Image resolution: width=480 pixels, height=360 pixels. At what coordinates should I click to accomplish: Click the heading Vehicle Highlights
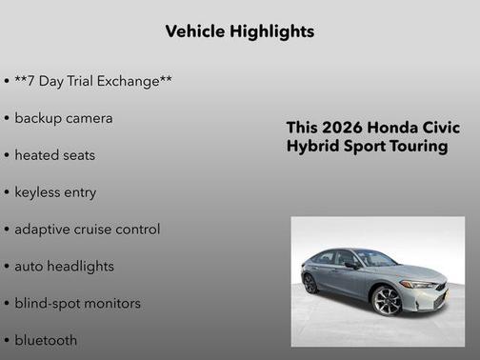[239, 31]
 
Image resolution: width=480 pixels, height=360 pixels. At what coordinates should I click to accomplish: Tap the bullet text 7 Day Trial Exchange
[92, 81]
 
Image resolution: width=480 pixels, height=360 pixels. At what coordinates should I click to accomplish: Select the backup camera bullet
[63, 118]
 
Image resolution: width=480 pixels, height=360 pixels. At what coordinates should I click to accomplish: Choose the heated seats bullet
[54, 155]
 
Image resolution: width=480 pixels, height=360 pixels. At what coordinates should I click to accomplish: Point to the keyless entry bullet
[55, 192]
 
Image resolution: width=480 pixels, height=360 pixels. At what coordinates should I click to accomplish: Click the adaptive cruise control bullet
[87, 230]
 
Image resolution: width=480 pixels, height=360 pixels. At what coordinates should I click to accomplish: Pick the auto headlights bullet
[64, 267]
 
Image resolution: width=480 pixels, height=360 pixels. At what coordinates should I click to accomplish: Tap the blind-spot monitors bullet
[77, 304]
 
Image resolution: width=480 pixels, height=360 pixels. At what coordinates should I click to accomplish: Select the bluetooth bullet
[46, 340]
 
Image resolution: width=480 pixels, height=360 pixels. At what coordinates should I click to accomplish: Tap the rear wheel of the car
[310, 284]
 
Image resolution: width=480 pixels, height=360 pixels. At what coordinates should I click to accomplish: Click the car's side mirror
[352, 265]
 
